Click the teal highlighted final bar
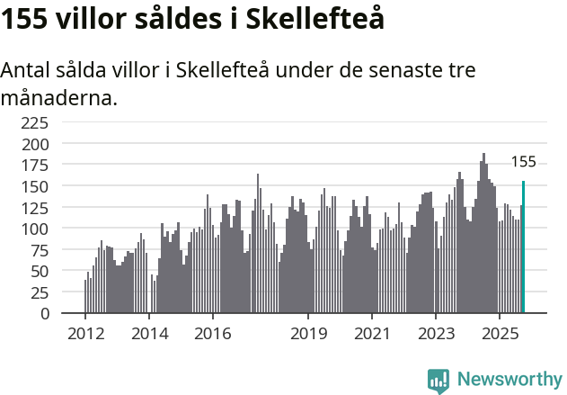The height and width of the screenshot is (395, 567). pyautogui.click(x=524, y=247)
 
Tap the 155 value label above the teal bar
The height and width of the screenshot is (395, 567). pyautogui.click(x=523, y=162)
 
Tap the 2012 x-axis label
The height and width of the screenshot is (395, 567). pyautogui.click(x=85, y=333)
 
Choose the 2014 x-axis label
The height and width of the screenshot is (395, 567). pyautogui.click(x=149, y=333)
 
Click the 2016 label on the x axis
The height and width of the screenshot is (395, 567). pyautogui.click(x=213, y=333)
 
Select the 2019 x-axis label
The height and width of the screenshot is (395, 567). pyautogui.click(x=308, y=333)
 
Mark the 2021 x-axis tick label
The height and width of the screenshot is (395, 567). pyautogui.click(x=372, y=333)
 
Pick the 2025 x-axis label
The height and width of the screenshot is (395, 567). pyautogui.click(x=500, y=333)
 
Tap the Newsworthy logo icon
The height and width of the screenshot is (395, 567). pyautogui.click(x=439, y=380)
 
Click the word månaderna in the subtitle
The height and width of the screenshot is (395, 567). pyautogui.click(x=59, y=97)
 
